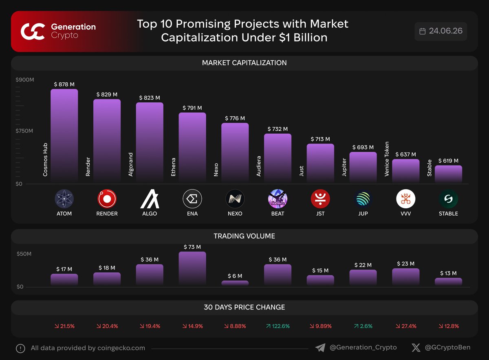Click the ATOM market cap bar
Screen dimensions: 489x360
pos(64,135)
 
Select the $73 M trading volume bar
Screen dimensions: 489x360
pos(192,268)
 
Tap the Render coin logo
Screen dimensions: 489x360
pos(107,199)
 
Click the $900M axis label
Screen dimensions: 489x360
pos(25,80)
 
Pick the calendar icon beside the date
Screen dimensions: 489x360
pos(423,31)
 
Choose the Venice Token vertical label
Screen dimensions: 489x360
pos(387,159)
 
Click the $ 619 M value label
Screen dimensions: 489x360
pos(448,161)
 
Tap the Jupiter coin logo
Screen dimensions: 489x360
pos(363,199)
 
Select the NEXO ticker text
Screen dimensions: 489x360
pos(235,214)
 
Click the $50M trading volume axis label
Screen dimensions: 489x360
pos(24,254)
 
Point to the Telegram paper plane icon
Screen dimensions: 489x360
pos(320,347)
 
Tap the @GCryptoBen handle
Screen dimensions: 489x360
pos(447,347)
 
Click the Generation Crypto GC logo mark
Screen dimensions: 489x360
pos(33,32)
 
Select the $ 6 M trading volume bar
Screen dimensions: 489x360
pos(235,283)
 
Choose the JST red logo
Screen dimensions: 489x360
pos(320,199)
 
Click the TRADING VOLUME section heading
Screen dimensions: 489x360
pos(244,236)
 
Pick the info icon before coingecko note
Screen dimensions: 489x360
pos(20,348)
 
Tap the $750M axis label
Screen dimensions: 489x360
pos(24,131)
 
